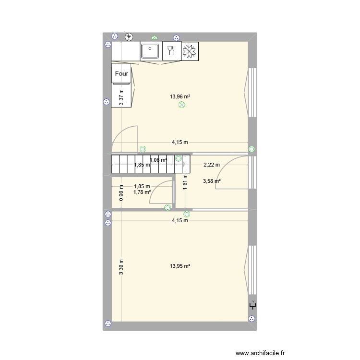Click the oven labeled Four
click(x=122, y=74)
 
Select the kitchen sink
click(x=151, y=50)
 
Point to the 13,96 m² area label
click(x=180, y=96)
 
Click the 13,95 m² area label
click(x=180, y=266)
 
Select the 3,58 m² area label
click(x=212, y=181)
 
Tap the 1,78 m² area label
click(x=142, y=192)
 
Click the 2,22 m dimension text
click(x=212, y=165)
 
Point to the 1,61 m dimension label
click(x=184, y=182)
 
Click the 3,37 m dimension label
click(x=121, y=97)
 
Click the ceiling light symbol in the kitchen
click(x=181, y=105)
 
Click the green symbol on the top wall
click(x=154, y=36)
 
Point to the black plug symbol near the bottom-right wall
click(x=252, y=305)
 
